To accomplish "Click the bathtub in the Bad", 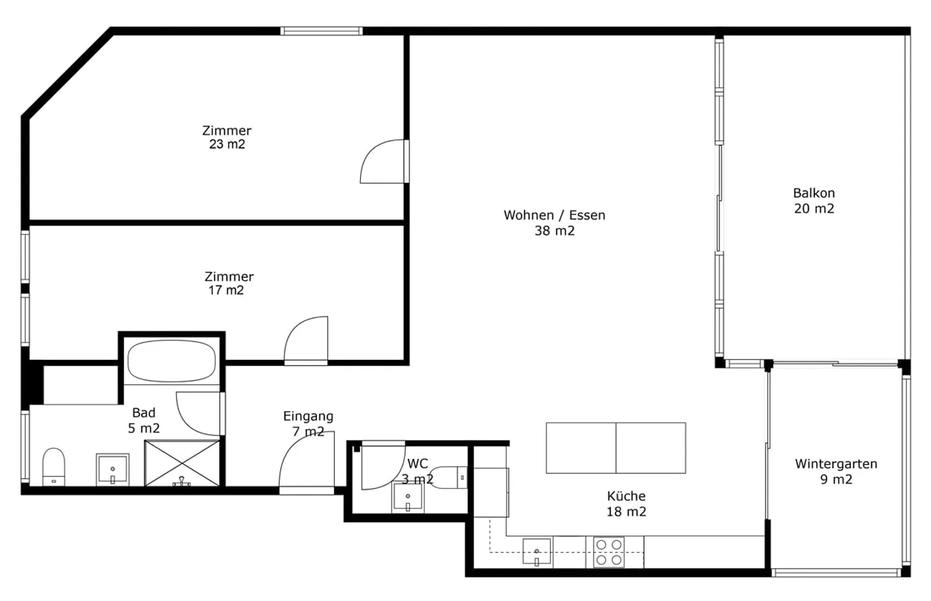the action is pos(172,361).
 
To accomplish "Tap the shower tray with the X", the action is pos(182,463).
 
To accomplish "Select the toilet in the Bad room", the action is pos(54,467).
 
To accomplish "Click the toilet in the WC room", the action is pos(449,478).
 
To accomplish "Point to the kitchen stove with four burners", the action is pos(609,552).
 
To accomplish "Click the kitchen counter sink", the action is pos(537,553).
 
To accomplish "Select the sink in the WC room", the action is pos(408,498).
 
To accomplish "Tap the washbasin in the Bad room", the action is pos(112,470).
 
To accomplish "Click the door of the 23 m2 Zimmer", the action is pos(384,161).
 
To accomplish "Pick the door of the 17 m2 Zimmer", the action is pos(306,341).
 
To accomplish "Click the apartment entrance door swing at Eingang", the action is pos(306,463).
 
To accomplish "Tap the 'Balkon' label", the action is pos(814,193).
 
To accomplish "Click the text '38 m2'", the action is pos(555,231).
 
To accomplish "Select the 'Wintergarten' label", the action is pos(836,464).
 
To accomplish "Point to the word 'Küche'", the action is pos(626,496).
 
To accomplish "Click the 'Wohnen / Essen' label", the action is pos(555,215).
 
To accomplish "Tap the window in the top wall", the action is pos(321,31).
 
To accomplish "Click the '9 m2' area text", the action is pos(836,480).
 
